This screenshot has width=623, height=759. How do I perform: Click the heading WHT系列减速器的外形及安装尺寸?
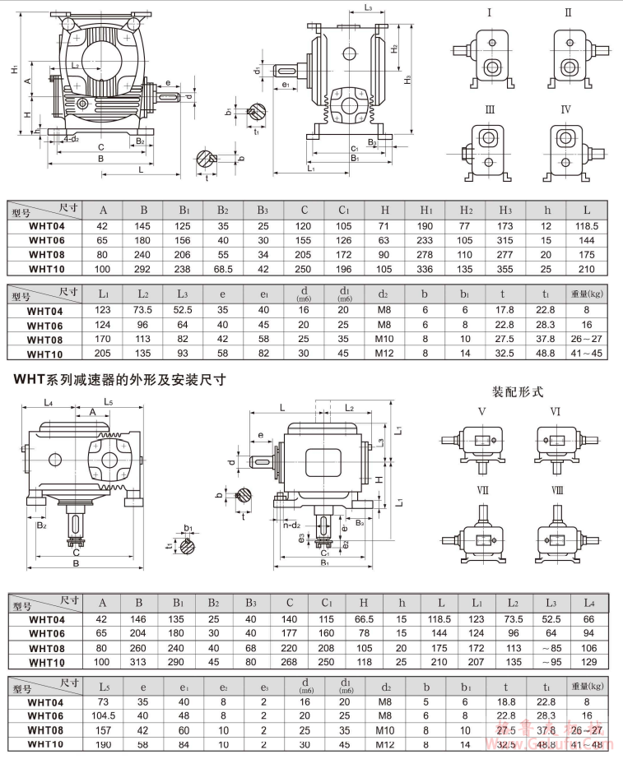click(116, 381)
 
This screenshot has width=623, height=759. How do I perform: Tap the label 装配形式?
click(518, 391)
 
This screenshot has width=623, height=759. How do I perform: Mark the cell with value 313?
click(146, 662)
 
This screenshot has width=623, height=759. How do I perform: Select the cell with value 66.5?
click(358, 618)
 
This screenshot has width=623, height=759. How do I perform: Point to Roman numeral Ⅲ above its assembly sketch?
click(490, 109)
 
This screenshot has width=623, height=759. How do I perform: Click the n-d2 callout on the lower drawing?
click(293, 523)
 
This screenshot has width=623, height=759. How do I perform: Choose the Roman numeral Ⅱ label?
click(568, 13)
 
